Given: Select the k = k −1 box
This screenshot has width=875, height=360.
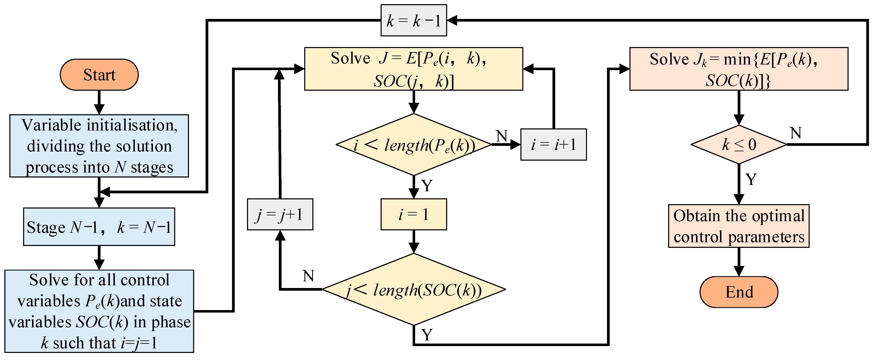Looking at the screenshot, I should [x=413, y=20].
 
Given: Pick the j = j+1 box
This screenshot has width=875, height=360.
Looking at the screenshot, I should [x=280, y=215].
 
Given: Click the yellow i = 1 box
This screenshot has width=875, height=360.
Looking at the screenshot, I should [x=413, y=215].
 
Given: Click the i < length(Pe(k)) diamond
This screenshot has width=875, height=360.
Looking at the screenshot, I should [x=413, y=145].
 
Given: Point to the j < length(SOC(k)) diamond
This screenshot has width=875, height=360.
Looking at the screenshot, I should [x=413, y=290].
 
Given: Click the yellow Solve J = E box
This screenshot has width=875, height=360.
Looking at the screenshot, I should [x=413, y=69].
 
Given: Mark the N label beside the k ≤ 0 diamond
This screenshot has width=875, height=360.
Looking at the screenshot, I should [x=796, y=133].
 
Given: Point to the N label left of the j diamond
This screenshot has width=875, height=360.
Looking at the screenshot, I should [x=308, y=276].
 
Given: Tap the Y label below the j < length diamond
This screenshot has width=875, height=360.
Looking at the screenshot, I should [x=427, y=335].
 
